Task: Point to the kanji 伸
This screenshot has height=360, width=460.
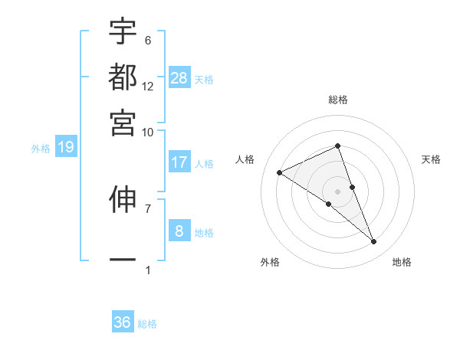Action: [123, 198]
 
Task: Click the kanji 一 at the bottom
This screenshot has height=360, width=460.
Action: [123, 259]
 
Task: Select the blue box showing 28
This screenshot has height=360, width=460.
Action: [179, 77]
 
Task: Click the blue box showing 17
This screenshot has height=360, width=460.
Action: [179, 162]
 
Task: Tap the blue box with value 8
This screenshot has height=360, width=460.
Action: [179, 231]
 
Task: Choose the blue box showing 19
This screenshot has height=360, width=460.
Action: [66, 147]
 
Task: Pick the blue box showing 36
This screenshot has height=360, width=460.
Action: [123, 322]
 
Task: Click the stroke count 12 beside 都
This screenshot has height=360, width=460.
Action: [148, 87]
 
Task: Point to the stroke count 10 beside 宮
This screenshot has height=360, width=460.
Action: [147, 132]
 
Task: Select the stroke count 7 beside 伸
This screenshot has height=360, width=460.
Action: [148, 208]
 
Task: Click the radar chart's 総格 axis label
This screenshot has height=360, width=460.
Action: [338, 100]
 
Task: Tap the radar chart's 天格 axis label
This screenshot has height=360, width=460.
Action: [431, 159]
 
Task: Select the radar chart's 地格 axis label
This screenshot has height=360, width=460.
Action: [402, 262]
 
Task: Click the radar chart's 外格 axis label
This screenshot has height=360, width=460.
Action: [270, 262]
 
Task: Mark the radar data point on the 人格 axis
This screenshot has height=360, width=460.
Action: [280, 172]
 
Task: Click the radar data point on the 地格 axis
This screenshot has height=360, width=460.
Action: [374, 242]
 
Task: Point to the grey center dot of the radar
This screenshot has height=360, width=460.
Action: [338, 191]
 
